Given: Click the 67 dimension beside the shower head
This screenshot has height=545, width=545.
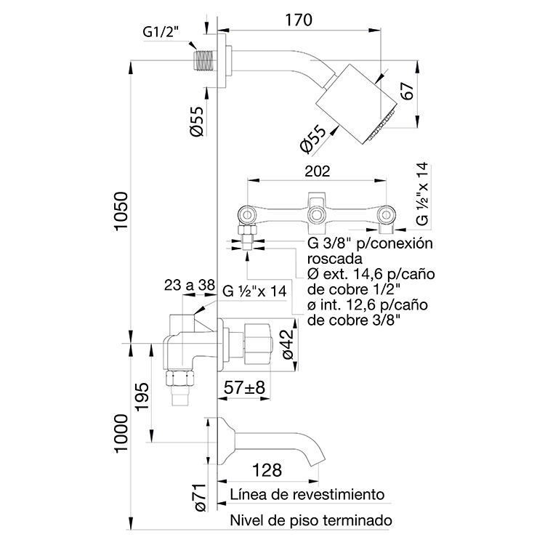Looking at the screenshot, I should point(408,92).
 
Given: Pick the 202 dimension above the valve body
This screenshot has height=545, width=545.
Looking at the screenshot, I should point(317,171).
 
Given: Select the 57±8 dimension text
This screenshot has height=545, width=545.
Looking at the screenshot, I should point(243,388).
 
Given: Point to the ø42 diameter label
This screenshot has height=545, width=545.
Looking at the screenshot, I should point(287,344).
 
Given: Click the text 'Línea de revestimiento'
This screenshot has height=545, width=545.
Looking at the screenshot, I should point(307,495).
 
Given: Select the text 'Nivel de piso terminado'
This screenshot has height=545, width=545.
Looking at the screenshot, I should point(311,520).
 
